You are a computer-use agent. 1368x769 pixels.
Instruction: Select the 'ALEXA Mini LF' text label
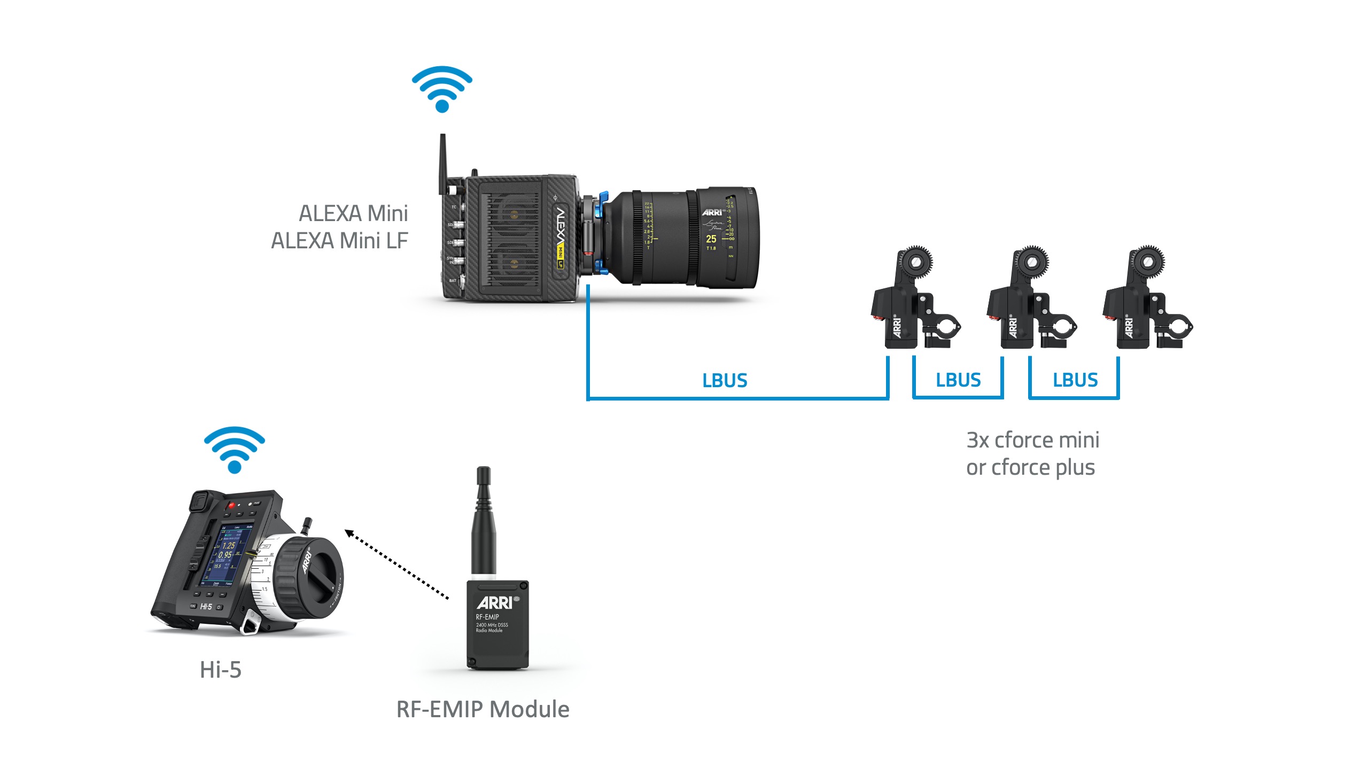coord(339,241)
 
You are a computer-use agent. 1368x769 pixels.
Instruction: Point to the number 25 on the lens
coord(711,239)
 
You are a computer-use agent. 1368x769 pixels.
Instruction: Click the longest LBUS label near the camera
coord(725,380)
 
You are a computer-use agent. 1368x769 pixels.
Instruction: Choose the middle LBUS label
coord(958,380)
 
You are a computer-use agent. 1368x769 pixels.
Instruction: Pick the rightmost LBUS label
coord(1075,380)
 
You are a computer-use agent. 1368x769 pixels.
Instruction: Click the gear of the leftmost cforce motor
coord(916,262)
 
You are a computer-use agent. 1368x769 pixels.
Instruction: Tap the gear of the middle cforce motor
coord(1032,262)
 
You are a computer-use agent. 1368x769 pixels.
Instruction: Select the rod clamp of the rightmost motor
coord(1178,326)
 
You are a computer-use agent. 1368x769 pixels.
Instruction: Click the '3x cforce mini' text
coord(1032,440)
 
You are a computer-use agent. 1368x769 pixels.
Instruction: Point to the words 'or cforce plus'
coord(1030,468)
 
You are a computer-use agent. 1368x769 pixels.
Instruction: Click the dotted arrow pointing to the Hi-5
coord(397,565)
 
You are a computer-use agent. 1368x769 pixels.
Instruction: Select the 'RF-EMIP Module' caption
coord(483,709)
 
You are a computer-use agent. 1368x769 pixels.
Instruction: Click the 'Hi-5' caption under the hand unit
coord(220,670)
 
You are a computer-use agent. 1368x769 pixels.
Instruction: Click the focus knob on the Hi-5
coord(310,577)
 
